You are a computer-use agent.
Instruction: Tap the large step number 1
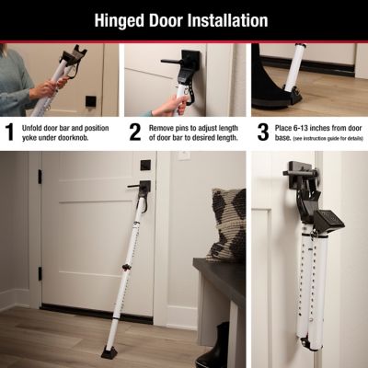click(x=10, y=131)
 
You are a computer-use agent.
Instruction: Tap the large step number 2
click(x=134, y=131)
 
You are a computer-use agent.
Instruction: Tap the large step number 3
click(x=262, y=131)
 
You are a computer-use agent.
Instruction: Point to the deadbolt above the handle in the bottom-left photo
click(x=145, y=165)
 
